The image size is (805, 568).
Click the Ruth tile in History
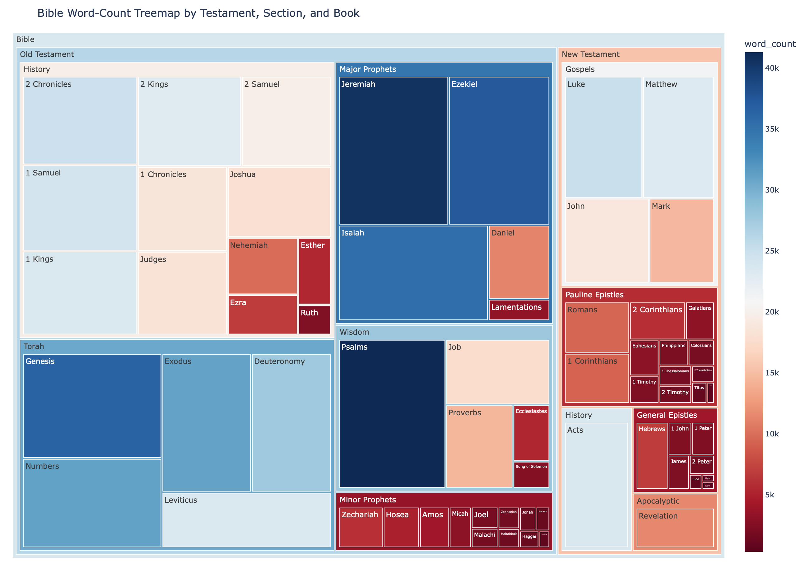[314, 320]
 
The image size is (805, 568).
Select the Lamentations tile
[519, 310]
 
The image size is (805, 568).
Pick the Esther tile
[314, 271]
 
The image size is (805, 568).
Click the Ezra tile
[262, 314]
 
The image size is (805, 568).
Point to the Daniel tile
[519, 262]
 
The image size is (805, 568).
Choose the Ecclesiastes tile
[531, 433]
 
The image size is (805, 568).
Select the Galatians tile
[700, 320]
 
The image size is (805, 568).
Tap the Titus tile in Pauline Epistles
[699, 393]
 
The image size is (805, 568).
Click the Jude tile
[695, 482]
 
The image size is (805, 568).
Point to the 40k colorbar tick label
[771, 68]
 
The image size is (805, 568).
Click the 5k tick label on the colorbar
[770, 495]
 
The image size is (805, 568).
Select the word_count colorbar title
[770, 44]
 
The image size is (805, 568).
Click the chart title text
[198, 13]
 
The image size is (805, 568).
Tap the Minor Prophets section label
[367, 500]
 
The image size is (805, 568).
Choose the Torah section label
[34, 347]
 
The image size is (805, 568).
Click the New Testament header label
[590, 54]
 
